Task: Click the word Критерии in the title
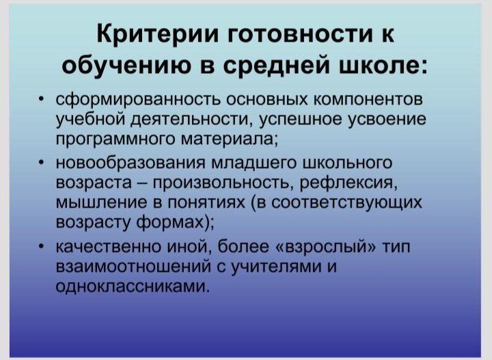coord(158,34)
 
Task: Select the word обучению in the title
coord(126,66)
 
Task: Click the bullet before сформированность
coord(41,100)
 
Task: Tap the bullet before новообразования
coord(41,163)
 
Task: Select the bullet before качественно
coord(41,247)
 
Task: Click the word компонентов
coord(368,100)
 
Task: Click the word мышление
coord(102,203)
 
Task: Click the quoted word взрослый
coord(326,247)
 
